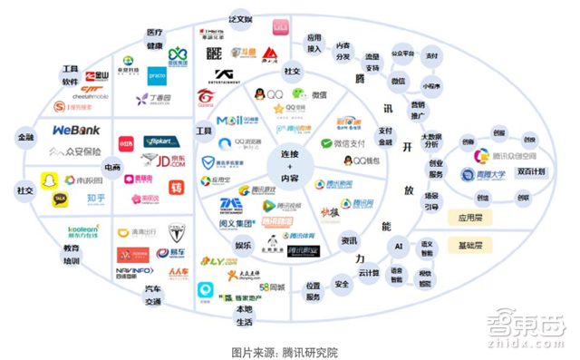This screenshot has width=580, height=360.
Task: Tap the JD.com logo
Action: coord(165,161)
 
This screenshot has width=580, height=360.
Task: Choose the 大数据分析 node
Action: coord(431,138)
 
